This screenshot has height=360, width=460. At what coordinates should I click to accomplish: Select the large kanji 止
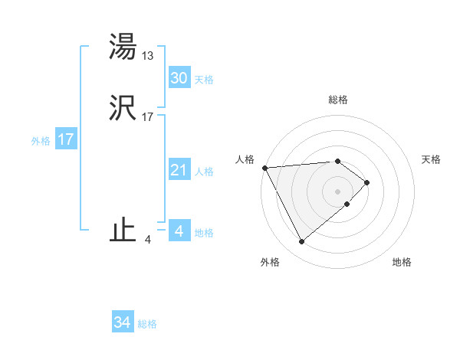coord(123,231)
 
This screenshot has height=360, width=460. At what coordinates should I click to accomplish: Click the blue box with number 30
coord(179,78)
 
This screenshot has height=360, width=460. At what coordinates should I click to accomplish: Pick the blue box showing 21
coord(179,171)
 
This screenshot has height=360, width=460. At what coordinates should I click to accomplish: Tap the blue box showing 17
coord(65,140)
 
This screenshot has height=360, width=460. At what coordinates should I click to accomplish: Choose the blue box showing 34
coord(122,323)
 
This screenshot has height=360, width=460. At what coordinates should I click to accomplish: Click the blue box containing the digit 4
coord(179,231)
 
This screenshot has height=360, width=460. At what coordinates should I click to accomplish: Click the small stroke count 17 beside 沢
coord(148,117)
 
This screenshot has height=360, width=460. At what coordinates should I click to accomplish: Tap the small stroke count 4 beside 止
coord(147,239)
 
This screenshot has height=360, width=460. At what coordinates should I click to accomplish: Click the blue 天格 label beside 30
coord(204,79)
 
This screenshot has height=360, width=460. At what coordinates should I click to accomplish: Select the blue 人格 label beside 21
coord(204,172)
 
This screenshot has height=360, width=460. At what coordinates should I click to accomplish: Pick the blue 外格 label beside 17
coord(41,141)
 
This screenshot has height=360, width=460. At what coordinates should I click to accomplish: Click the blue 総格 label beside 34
coord(147,324)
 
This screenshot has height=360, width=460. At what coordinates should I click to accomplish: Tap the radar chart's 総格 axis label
coord(338,100)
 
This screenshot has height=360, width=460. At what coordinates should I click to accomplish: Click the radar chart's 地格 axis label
coord(402,262)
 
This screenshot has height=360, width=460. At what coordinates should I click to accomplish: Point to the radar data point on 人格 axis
coord(264,168)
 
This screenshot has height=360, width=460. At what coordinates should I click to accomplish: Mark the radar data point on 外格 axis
coord(301,242)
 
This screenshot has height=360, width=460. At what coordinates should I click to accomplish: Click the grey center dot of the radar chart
coord(338,191)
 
